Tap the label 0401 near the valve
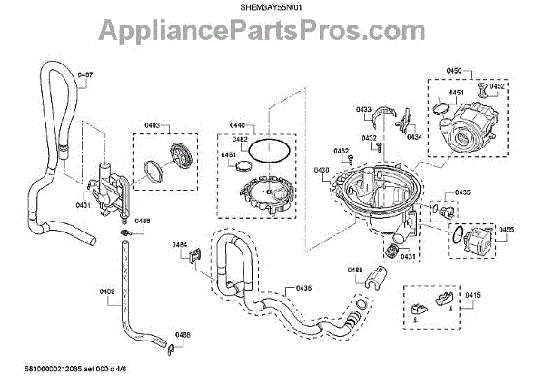(x=83, y=204)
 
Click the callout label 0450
(x=454, y=70)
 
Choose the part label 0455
(x=506, y=230)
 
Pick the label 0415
(x=473, y=296)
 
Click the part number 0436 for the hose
(x=303, y=288)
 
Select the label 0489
(x=106, y=291)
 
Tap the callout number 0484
(x=180, y=246)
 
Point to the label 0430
(x=322, y=171)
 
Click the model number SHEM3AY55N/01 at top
(x=272, y=7)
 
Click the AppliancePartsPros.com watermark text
(x=272, y=35)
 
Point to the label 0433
(x=363, y=109)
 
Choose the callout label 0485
(x=354, y=271)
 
